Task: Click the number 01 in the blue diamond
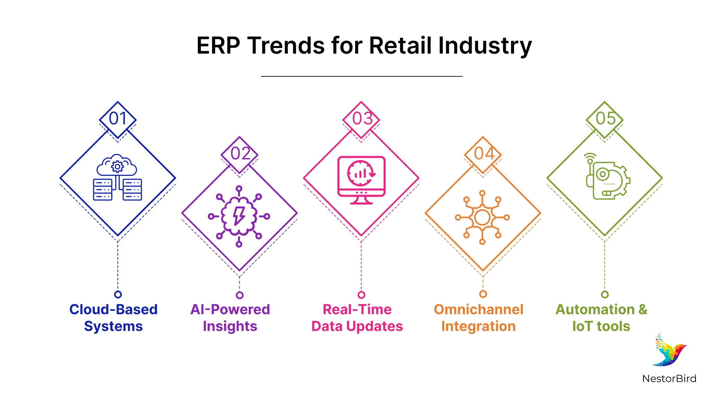pyautogui.click(x=118, y=119)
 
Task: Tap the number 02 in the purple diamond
pyautogui.click(x=240, y=154)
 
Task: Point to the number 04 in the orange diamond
pyautogui.click(x=484, y=154)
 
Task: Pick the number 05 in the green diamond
pyautogui.click(x=606, y=119)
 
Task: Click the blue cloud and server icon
pyautogui.click(x=117, y=178)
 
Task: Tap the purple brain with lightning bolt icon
pyautogui.click(x=239, y=216)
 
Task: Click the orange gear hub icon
pyautogui.click(x=482, y=217)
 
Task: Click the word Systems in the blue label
pyautogui.click(x=113, y=326)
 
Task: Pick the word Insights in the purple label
pyautogui.click(x=230, y=326)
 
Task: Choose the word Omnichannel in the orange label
pyautogui.click(x=478, y=310)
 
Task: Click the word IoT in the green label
pyautogui.click(x=582, y=326)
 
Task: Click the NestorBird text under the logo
pyautogui.click(x=669, y=379)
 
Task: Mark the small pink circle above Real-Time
pyautogui.click(x=361, y=295)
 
